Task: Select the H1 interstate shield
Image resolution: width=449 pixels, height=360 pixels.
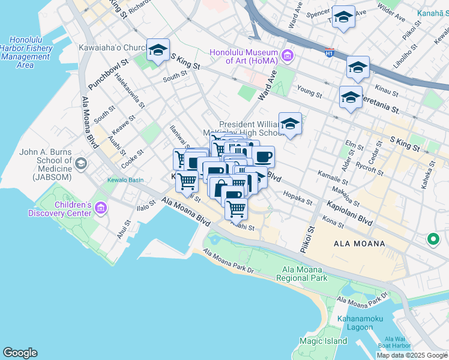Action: [329, 53]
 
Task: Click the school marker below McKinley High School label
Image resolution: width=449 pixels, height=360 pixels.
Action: [290, 124]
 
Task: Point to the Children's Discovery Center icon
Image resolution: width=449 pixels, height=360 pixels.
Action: [100, 209]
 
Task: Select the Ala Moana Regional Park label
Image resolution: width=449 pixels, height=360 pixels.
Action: [302, 274]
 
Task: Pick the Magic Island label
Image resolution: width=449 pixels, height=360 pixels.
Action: [324, 341]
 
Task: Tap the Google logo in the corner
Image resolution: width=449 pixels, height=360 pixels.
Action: [20, 353]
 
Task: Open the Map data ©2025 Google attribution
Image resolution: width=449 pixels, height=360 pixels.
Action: [412, 355]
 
